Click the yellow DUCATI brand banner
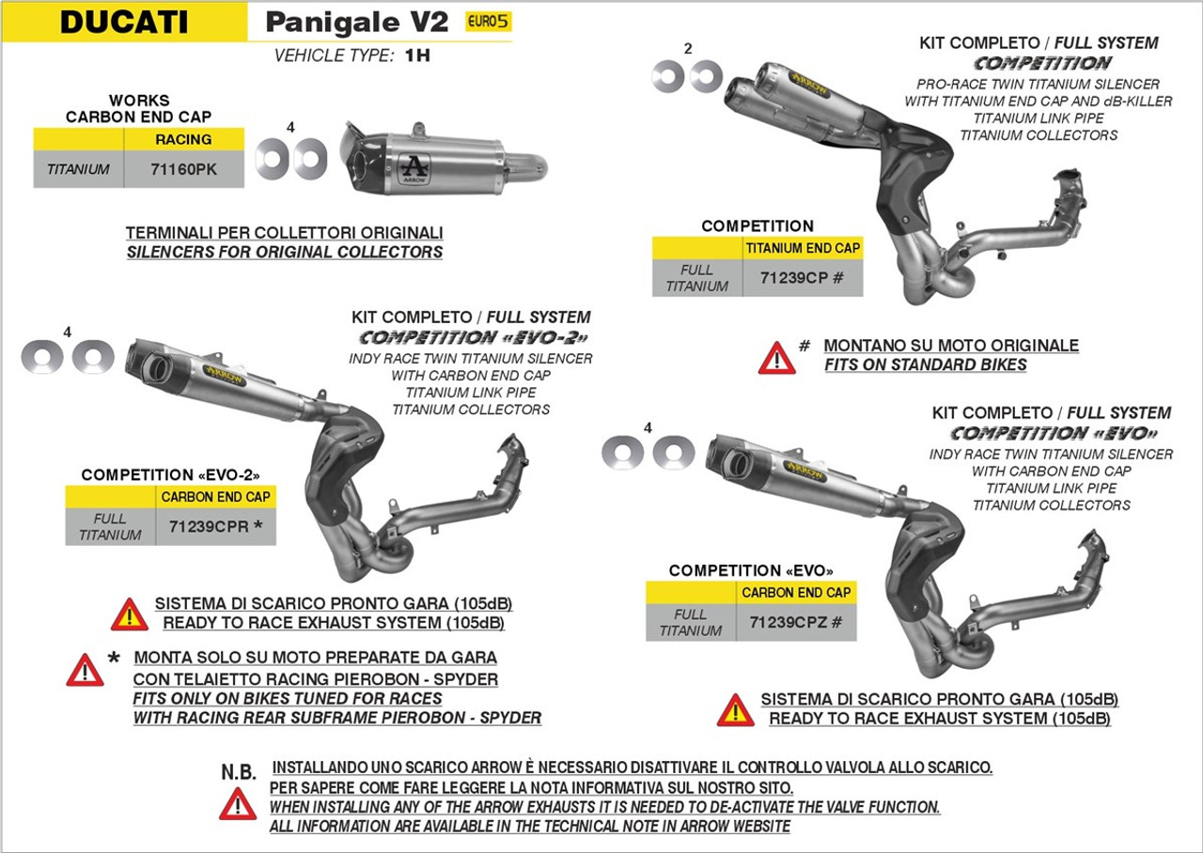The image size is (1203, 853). click(x=124, y=22)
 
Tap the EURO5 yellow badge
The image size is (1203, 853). click(x=489, y=22)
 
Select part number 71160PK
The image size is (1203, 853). click(x=184, y=170)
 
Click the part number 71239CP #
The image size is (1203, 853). click(x=802, y=278)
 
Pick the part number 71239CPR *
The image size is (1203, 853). click(x=216, y=526)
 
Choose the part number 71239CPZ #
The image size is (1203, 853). click(x=796, y=623)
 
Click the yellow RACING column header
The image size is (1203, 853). click(x=183, y=139)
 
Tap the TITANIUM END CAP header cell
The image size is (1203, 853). click(x=802, y=248)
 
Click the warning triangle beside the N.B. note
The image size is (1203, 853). click(x=238, y=804)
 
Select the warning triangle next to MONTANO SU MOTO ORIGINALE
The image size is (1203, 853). click(x=776, y=357)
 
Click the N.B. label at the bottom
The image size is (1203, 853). click(x=239, y=772)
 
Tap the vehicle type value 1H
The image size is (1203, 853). click(x=417, y=55)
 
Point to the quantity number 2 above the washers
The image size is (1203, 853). click(x=688, y=49)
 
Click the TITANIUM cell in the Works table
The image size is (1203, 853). click(x=78, y=170)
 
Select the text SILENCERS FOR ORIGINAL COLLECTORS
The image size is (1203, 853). click(x=285, y=252)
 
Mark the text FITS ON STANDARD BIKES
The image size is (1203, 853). click(x=926, y=364)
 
